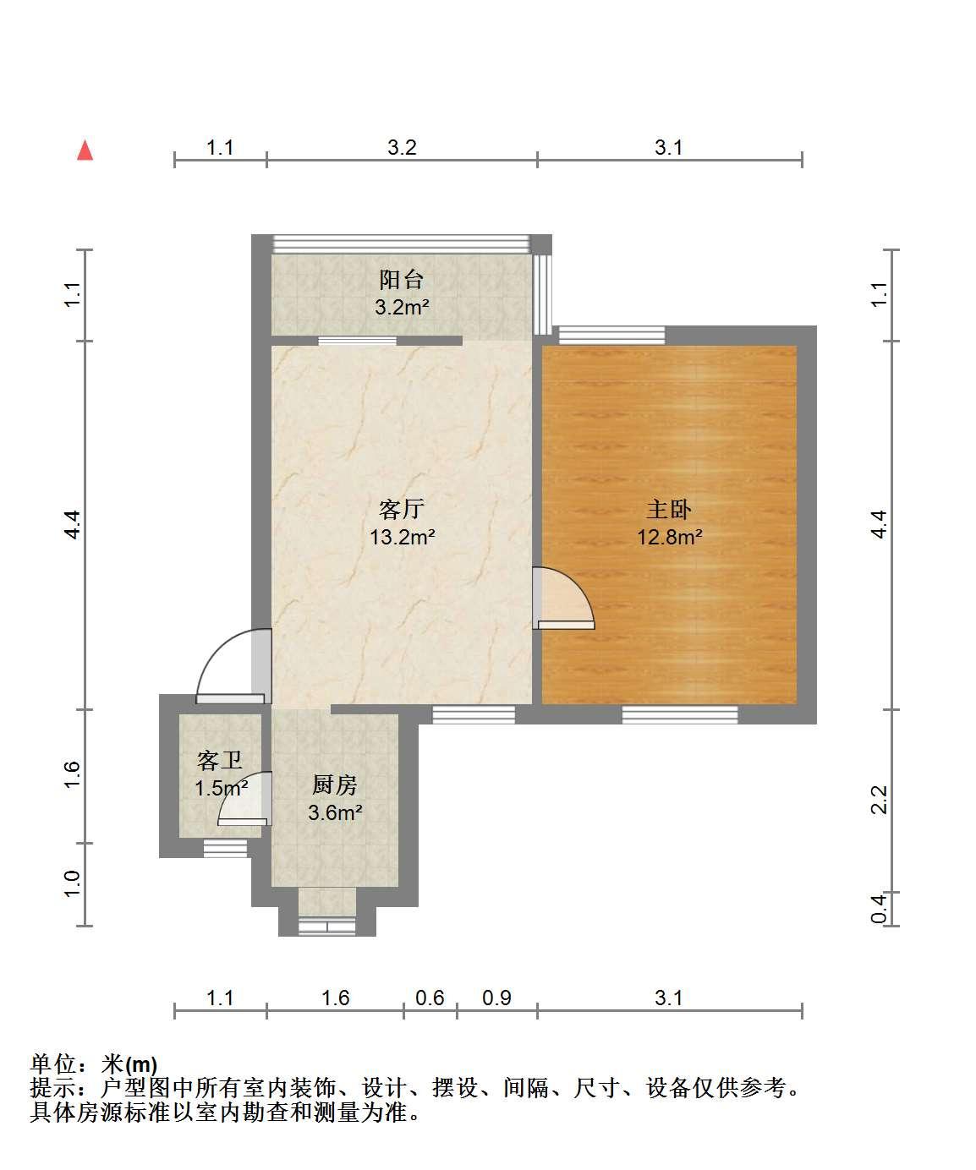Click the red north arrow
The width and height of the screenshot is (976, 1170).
tap(85, 150)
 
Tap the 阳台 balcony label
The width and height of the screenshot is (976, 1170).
tap(401, 280)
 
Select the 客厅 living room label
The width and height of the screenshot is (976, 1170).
tap(402, 510)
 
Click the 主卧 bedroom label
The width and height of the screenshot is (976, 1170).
tap(669, 510)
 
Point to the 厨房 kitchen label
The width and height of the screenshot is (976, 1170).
tap(335, 785)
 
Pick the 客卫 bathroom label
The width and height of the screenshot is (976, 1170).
tap(220, 760)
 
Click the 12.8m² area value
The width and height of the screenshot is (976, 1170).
tap(669, 538)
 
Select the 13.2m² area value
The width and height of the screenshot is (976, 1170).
tap(402, 538)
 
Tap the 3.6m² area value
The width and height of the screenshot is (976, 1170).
tap(335, 812)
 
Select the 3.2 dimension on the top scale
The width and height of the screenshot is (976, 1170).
tap(402, 147)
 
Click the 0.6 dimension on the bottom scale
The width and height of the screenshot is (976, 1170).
tap(430, 998)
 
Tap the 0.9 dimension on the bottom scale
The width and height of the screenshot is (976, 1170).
tap(496, 998)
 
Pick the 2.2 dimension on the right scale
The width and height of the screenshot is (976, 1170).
tap(879, 800)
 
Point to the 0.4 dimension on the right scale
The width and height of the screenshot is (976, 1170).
tap(879, 909)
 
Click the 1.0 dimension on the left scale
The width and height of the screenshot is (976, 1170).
tap(73, 884)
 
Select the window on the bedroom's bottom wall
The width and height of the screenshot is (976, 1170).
tap(679, 714)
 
